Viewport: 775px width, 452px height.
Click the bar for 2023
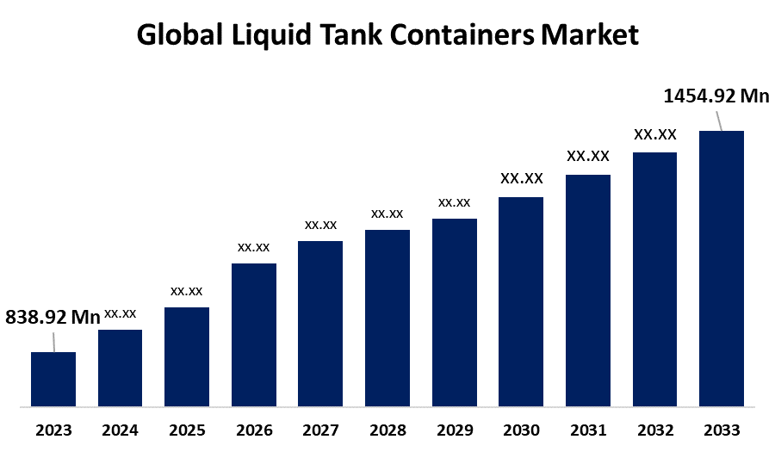53,379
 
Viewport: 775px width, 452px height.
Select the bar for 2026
254,334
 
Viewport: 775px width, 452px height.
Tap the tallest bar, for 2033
721,268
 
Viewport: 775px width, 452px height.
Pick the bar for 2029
455,312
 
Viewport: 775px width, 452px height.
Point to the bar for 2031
588,290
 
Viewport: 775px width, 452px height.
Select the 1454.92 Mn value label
716,96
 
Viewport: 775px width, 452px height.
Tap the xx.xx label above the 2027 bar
320,225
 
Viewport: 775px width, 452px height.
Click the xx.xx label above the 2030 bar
522,179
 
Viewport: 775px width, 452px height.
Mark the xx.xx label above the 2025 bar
187,291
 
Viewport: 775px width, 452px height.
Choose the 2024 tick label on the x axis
121,430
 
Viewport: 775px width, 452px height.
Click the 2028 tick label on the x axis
387,430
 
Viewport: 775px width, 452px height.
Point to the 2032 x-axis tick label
654,430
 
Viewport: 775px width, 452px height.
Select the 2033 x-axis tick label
721,430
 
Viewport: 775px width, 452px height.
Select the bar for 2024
121,368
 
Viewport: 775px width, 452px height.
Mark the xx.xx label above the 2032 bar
655,135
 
